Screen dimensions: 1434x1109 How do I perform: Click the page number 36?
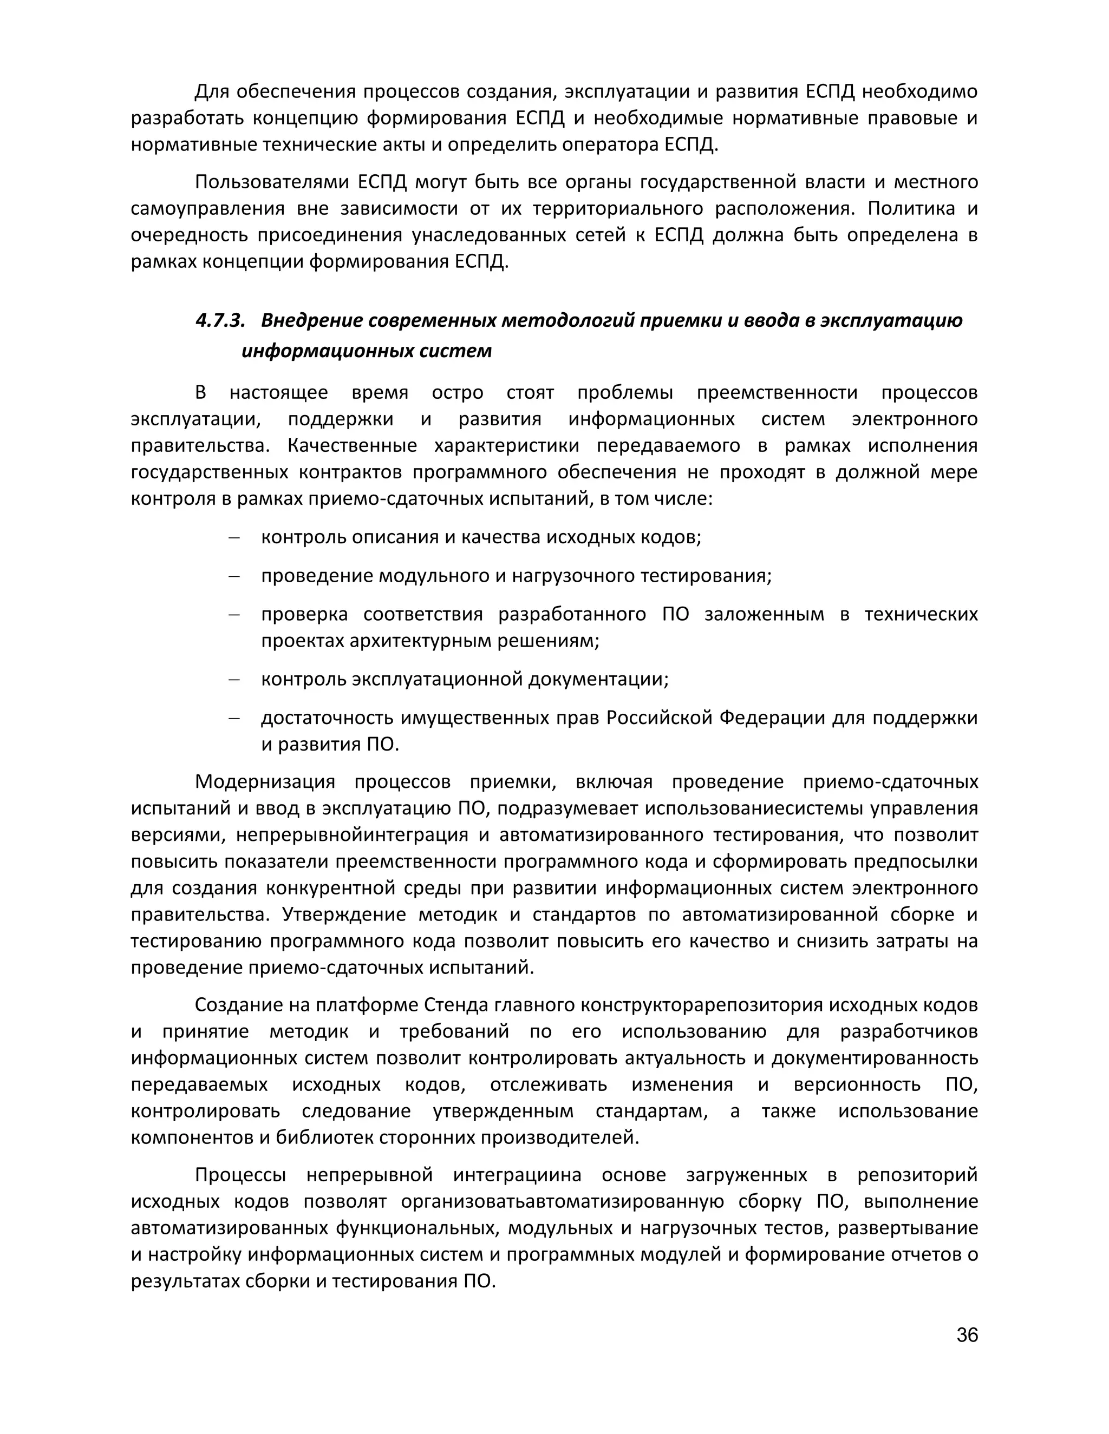pyautogui.click(x=967, y=1335)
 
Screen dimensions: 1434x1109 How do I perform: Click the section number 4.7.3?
pyautogui.click(x=220, y=320)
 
